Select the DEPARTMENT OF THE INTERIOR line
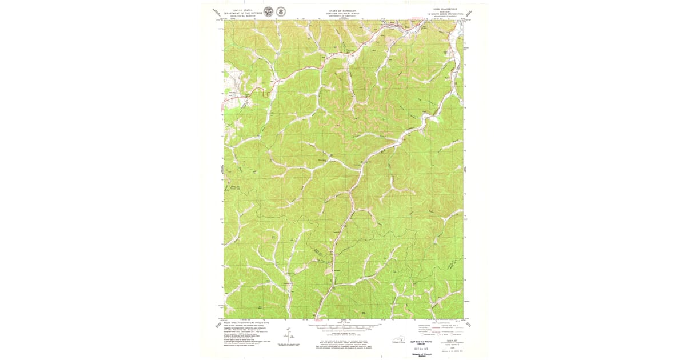[x=242, y=13]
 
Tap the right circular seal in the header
[x=281, y=11]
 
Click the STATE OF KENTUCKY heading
[x=341, y=11]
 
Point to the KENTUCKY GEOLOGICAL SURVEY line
[x=341, y=14]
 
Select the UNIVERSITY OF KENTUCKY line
[x=341, y=17]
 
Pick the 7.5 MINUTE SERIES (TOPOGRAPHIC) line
[x=444, y=15]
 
